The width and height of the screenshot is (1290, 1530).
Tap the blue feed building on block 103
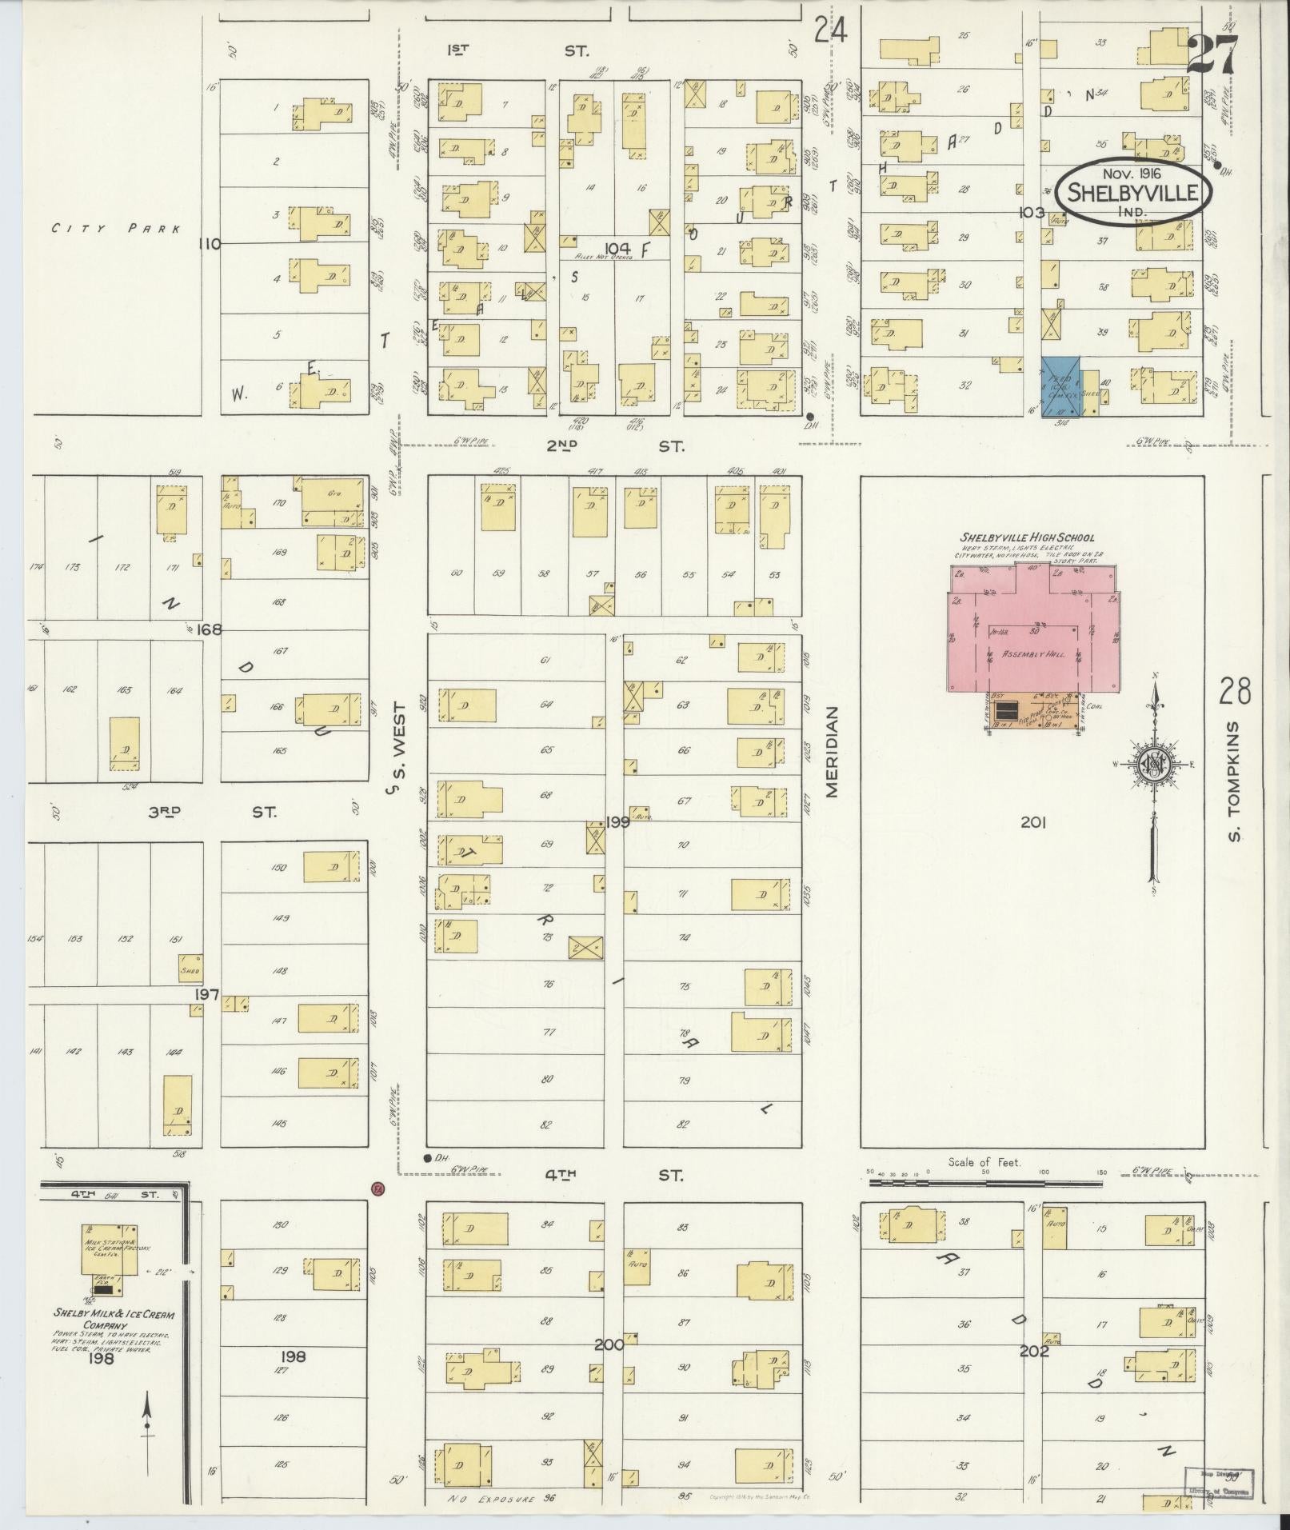[1060, 386]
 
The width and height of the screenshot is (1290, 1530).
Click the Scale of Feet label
[984, 1162]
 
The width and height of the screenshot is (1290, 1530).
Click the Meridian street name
[831, 751]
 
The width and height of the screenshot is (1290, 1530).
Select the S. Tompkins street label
[1235, 781]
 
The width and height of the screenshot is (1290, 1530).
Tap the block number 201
[1033, 821]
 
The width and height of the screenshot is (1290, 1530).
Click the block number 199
[617, 821]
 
